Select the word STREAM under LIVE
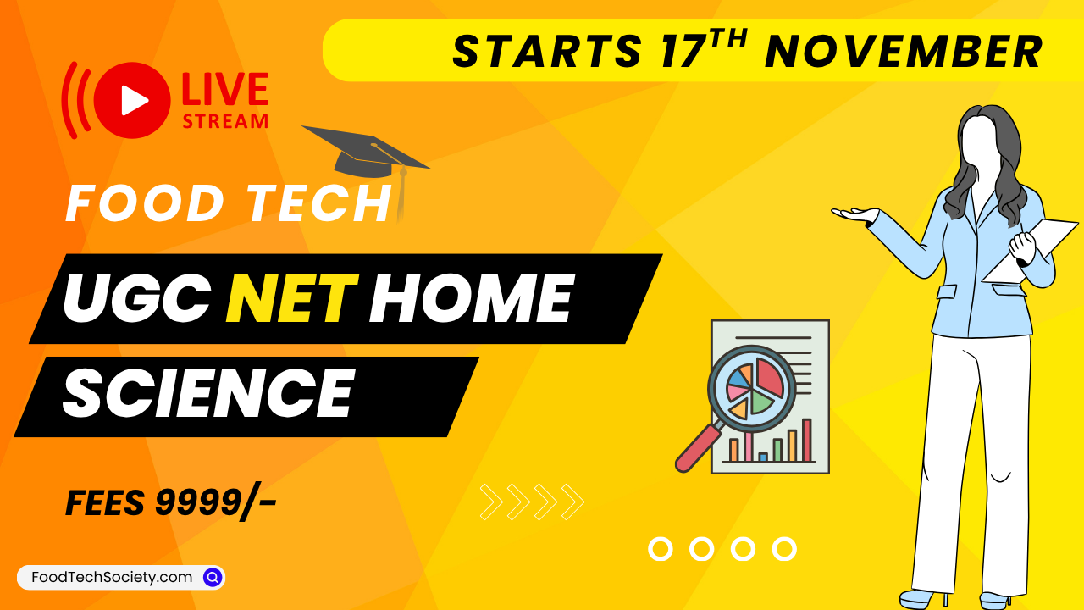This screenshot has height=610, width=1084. tap(225, 121)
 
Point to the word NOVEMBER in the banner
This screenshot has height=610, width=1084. tap(904, 52)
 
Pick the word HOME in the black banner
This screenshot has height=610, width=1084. tap(470, 299)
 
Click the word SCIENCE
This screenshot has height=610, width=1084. tap(207, 394)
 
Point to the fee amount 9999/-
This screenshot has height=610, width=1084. tap(216, 504)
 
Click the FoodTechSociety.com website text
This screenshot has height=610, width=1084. tap(112, 577)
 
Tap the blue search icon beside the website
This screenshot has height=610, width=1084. tap(213, 577)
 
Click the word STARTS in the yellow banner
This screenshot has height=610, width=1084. tap(546, 52)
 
